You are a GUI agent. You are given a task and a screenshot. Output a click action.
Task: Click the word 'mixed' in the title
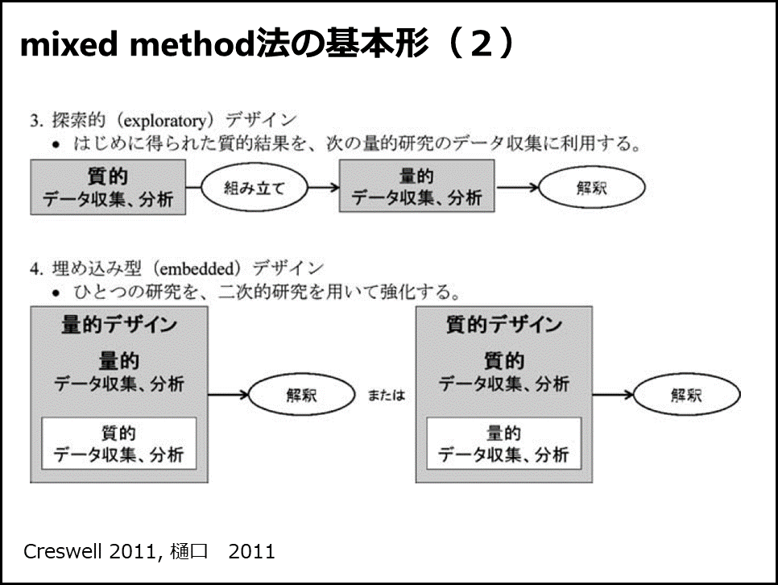click(x=69, y=44)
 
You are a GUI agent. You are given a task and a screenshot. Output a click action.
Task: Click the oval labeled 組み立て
click(x=255, y=188)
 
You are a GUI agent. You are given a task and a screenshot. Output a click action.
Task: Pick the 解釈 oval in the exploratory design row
click(x=592, y=188)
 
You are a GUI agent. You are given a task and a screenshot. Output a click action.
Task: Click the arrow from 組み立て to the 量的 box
click(x=324, y=187)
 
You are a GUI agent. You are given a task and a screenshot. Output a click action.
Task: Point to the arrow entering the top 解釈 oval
click(x=518, y=187)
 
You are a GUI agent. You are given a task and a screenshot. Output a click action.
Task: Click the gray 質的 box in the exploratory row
click(x=108, y=187)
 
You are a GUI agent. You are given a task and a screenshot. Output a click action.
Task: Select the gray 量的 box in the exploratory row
click(x=417, y=186)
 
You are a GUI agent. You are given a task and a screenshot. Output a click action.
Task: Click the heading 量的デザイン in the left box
click(x=119, y=325)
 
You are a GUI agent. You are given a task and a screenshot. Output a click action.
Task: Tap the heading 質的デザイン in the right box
click(x=504, y=325)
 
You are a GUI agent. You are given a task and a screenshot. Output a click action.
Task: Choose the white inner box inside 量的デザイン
click(x=119, y=443)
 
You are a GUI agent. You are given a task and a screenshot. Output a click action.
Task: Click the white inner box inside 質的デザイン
click(x=504, y=443)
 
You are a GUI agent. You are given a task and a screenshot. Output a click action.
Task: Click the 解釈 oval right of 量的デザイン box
click(x=302, y=396)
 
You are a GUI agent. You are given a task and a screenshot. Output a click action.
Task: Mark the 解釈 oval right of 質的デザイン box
click(x=687, y=395)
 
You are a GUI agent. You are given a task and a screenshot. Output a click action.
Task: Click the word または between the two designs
click(x=386, y=396)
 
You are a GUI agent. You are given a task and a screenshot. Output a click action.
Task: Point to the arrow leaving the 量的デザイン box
click(x=228, y=395)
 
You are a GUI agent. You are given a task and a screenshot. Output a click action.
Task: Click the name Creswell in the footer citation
click(x=63, y=552)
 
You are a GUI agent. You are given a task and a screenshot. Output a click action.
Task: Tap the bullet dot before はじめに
click(x=56, y=145)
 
